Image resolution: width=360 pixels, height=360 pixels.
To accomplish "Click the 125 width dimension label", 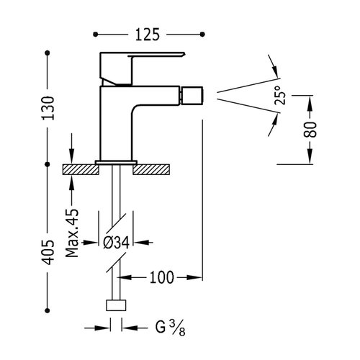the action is [148, 35].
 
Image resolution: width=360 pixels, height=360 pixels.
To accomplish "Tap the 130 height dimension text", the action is [48, 108].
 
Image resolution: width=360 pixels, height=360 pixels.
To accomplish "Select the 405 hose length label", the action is [48, 252].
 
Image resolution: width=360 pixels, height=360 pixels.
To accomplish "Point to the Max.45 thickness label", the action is [72, 233].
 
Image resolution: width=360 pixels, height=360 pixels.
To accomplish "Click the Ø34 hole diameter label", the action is [117, 243].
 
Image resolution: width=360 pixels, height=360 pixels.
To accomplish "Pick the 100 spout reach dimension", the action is [161, 277].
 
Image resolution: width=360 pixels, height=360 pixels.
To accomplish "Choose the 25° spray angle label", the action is [281, 95].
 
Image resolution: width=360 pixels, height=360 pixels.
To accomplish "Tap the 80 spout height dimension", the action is [310, 130].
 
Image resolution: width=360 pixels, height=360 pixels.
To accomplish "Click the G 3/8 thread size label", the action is [170, 328].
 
